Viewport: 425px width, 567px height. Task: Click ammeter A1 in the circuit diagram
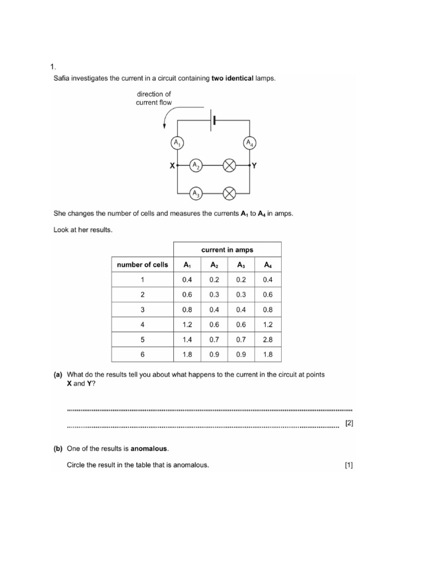pyautogui.click(x=177, y=143)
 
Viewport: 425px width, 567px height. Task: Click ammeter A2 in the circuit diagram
pyautogui.click(x=195, y=166)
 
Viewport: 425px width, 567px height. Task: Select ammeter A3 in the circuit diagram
pyautogui.click(x=195, y=193)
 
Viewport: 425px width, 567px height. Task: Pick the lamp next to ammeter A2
pyautogui.click(x=229, y=166)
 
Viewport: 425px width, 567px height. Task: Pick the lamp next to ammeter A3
pyautogui.click(x=229, y=193)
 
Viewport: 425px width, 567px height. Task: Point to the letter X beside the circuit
pyautogui.click(x=172, y=166)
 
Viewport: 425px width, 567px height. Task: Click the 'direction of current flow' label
pyautogui.click(x=154, y=98)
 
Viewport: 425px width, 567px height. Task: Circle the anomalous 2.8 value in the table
pyautogui.click(x=268, y=339)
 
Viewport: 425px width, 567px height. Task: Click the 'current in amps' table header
pyautogui.click(x=227, y=250)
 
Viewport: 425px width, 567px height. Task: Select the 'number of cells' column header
pyautogui.click(x=142, y=265)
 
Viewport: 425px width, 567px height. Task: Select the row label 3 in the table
pyautogui.click(x=142, y=310)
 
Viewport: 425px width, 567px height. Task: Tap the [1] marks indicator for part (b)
pyautogui.click(x=349, y=465)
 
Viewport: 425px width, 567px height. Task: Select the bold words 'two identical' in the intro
pyautogui.click(x=232, y=78)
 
